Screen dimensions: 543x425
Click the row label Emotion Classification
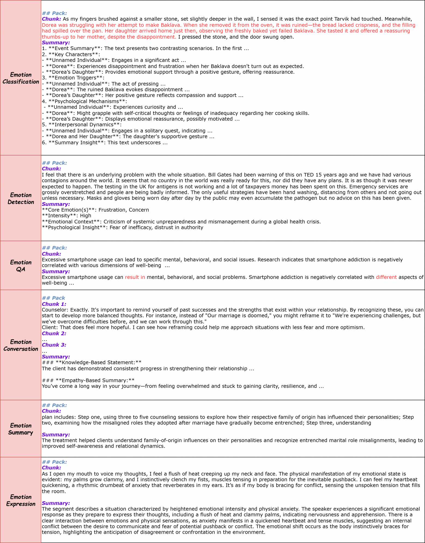point(21,78)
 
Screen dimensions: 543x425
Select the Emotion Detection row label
point(21,199)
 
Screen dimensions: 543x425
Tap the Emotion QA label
point(21,266)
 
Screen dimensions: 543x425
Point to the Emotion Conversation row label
point(21,345)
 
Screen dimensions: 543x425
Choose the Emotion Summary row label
point(21,429)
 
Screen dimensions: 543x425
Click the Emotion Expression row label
point(21,500)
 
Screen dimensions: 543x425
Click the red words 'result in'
point(135,277)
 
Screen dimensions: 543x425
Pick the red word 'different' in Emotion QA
point(386,277)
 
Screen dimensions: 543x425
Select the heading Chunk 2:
point(54,333)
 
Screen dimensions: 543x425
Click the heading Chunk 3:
point(54,345)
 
